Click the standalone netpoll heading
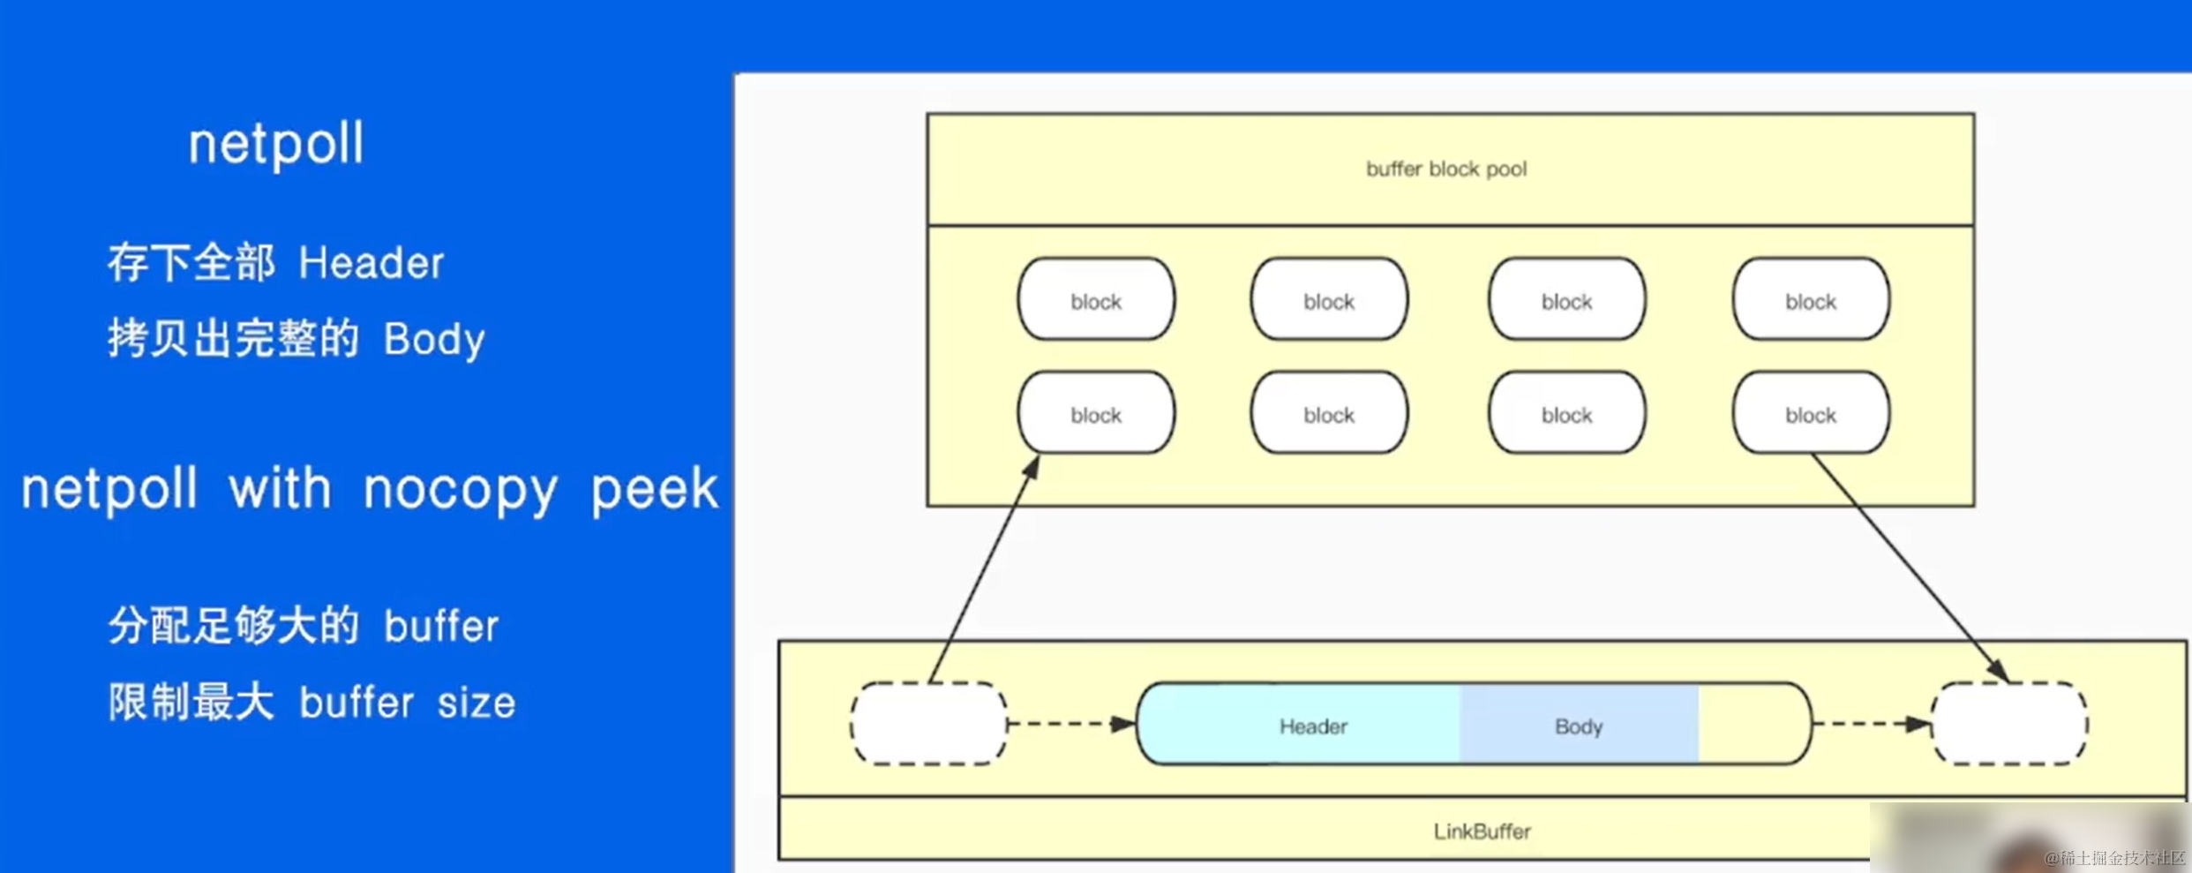coord(275,144)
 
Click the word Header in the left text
coord(371,263)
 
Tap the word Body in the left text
coord(434,340)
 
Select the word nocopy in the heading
coord(461,491)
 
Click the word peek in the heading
coord(655,491)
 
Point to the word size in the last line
coord(477,704)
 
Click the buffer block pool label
coord(1446,169)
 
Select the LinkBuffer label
coord(1482,832)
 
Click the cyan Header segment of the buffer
coord(1313,726)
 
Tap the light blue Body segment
coord(1578,726)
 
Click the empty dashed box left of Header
coord(928,724)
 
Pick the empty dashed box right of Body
coord(2009,724)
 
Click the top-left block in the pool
coord(1096,300)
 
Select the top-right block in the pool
coord(1811,300)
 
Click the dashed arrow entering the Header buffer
coord(1071,724)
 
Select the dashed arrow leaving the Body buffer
coord(1872,724)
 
